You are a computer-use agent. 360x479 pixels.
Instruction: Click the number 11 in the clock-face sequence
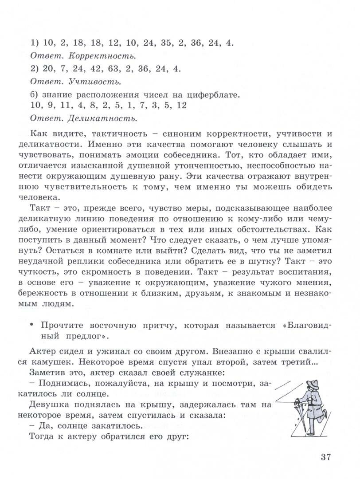point(65,106)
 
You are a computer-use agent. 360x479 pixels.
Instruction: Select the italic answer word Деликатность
point(102,118)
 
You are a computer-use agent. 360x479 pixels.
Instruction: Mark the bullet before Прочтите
point(32,326)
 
